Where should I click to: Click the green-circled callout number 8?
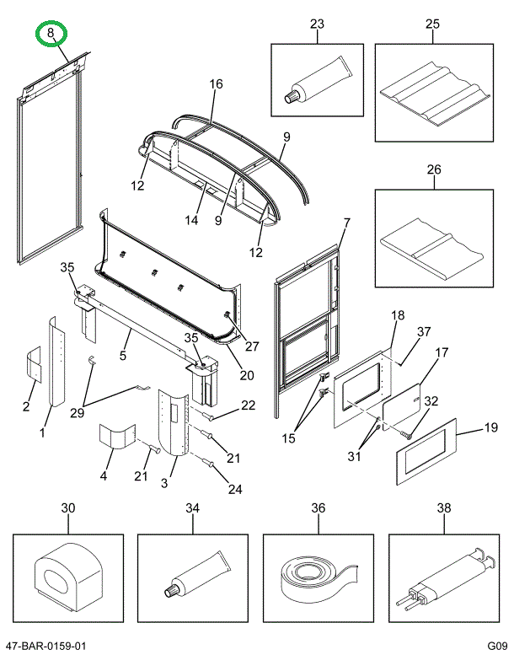pos(51,34)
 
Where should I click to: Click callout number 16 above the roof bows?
pos(216,84)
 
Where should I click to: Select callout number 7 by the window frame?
pos(345,223)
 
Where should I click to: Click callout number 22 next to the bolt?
pos(247,405)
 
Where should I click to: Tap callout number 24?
pos(234,489)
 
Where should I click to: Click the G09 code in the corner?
pos(494,646)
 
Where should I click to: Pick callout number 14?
pos(192,220)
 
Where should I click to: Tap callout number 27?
pos(251,345)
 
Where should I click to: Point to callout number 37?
pos(423,331)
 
